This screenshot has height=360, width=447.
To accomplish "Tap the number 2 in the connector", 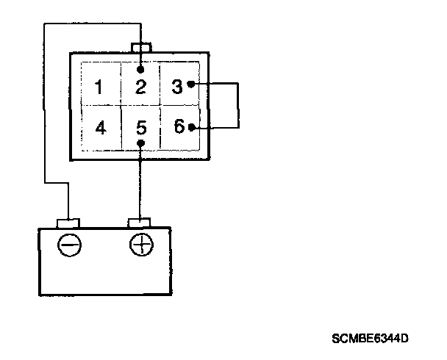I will pyautogui.click(x=141, y=87).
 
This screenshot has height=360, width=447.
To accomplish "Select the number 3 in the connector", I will pyautogui.click(x=176, y=86).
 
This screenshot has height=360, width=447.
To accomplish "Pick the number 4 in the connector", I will pyautogui.click(x=101, y=128).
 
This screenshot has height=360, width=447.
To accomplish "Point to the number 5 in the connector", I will pyautogui.click(x=141, y=128).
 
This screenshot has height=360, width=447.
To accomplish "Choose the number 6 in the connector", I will pyautogui.click(x=179, y=126).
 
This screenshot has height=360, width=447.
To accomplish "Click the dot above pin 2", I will pyautogui.click(x=141, y=69).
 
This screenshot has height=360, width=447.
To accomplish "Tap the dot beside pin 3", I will pyautogui.click(x=191, y=84).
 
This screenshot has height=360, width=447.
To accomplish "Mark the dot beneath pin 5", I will pyautogui.click(x=141, y=143).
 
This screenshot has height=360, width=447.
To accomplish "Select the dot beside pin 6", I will pyautogui.click(x=192, y=127).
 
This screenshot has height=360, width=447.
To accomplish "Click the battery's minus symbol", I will pyautogui.click(x=71, y=245).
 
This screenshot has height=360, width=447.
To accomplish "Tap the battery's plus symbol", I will pyautogui.click(x=140, y=244).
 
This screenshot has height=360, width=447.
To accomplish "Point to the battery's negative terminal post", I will pyautogui.click(x=68, y=222).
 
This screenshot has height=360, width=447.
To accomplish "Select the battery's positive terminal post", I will pyautogui.click(x=140, y=222).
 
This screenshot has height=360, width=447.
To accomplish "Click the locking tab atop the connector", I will pyautogui.click(x=140, y=48).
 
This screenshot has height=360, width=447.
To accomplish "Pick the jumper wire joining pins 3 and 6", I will pyautogui.click(x=239, y=106).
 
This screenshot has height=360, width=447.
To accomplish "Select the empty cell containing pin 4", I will pyautogui.click(x=101, y=128).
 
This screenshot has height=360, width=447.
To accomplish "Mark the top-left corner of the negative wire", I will pyautogui.click(x=45, y=24).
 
